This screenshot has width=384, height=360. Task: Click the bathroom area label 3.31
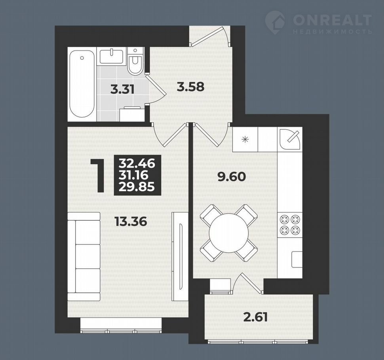click(122, 90)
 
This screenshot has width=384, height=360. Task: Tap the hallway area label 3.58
click(190, 87)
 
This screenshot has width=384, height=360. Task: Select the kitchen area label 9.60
click(232, 177)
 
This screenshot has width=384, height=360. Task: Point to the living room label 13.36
click(131, 222)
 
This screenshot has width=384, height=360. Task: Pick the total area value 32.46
click(137, 163)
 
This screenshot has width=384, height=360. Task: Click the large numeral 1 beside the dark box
click(99, 175)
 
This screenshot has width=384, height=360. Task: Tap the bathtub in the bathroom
click(82, 83)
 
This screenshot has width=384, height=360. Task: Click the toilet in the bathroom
click(135, 61)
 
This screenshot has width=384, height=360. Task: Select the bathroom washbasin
click(111, 56)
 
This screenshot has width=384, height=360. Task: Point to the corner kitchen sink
click(290, 139)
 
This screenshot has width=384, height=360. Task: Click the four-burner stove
click(290, 224)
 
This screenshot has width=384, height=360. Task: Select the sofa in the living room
click(84, 256)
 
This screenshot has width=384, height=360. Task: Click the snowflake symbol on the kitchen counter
click(245, 140)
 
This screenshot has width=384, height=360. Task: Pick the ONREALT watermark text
click(332, 20)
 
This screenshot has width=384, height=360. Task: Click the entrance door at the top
click(210, 37)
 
